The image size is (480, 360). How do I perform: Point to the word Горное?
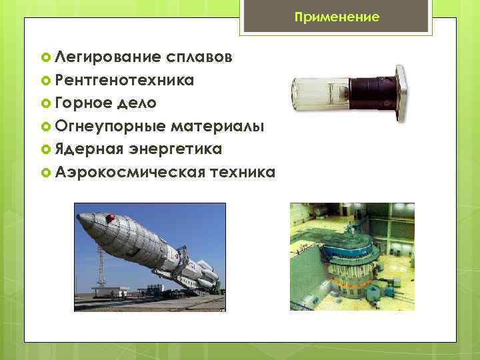pos(83,103)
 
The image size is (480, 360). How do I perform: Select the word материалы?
pos(217,126)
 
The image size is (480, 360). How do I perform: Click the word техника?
pos(241,172)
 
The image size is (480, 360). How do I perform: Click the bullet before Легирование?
pos(46,58)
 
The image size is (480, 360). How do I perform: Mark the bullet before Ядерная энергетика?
pos(46,149)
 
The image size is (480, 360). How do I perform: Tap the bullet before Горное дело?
pos(46,104)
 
